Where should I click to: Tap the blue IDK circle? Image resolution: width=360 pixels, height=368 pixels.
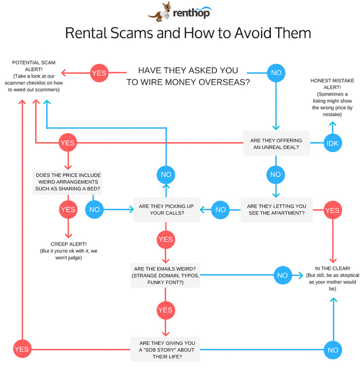[332, 143]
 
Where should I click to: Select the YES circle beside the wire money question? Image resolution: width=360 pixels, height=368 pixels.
[99, 73]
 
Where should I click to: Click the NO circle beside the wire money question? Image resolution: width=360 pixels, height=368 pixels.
[276, 73]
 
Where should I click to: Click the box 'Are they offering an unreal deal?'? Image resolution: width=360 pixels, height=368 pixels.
[277, 143]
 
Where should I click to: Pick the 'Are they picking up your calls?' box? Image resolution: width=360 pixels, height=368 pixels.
[167, 210]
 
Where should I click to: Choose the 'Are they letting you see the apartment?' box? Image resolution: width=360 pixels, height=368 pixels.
[277, 210]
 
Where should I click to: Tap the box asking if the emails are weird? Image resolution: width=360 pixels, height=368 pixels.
[165, 275]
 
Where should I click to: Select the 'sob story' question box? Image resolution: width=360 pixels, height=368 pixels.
[165, 350]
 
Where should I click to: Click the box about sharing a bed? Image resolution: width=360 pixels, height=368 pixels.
[67, 182]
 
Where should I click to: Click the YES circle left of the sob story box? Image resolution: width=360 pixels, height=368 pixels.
[22, 349]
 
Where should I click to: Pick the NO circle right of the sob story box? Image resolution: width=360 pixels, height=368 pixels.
[333, 350]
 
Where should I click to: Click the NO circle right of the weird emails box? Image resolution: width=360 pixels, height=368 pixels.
[283, 275]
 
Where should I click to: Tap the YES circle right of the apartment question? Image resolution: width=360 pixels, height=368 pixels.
[332, 210]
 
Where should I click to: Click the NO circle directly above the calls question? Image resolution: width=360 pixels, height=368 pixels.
[166, 175]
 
